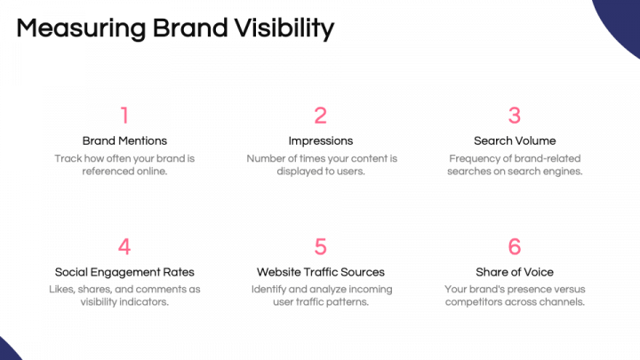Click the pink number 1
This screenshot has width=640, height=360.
[124, 116]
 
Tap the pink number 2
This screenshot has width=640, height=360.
[320, 116]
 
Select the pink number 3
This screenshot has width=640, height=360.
[515, 116]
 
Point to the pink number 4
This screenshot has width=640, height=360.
[124, 246]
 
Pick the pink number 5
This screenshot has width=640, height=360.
[320, 246]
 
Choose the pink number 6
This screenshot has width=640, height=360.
[515, 246]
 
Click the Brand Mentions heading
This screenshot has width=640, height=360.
[124, 140]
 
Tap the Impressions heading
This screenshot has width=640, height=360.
[320, 140]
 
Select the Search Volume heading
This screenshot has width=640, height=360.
[515, 140]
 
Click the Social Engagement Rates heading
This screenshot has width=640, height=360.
[124, 272]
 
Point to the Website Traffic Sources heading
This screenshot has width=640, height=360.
[320, 272]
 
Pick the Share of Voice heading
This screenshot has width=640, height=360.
[515, 272]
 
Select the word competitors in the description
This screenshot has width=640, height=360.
[476, 302]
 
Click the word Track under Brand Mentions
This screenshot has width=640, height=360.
[68, 158]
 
